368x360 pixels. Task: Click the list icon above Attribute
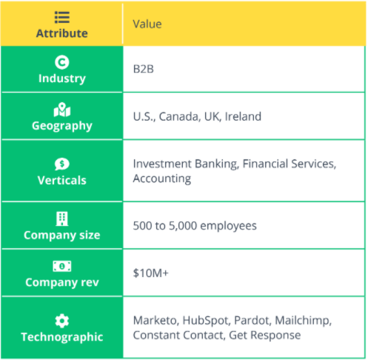tap(62, 17)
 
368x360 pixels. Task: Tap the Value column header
tap(147, 24)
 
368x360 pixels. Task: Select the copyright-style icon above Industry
tap(62, 62)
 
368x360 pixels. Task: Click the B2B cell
tap(144, 69)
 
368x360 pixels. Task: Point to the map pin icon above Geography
tap(62, 110)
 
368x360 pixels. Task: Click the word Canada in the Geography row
tap(179, 116)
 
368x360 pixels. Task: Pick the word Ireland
tap(243, 116)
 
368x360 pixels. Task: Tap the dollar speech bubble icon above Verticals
tap(62, 164)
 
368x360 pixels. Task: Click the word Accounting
tap(162, 179)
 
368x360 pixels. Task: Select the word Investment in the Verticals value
tap(162, 164)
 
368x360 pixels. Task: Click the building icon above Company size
tap(62, 219)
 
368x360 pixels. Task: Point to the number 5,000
tap(183, 226)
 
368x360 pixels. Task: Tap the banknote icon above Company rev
tap(62, 266)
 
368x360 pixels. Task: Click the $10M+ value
tap(151, 273)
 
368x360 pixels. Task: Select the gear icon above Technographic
tap(62, 321)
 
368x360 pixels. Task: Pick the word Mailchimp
tap(304, 321)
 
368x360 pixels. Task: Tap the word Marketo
tap(155, 321)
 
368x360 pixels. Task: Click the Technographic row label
tap(62, 337)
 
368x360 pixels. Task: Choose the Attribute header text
tap(62, 33)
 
